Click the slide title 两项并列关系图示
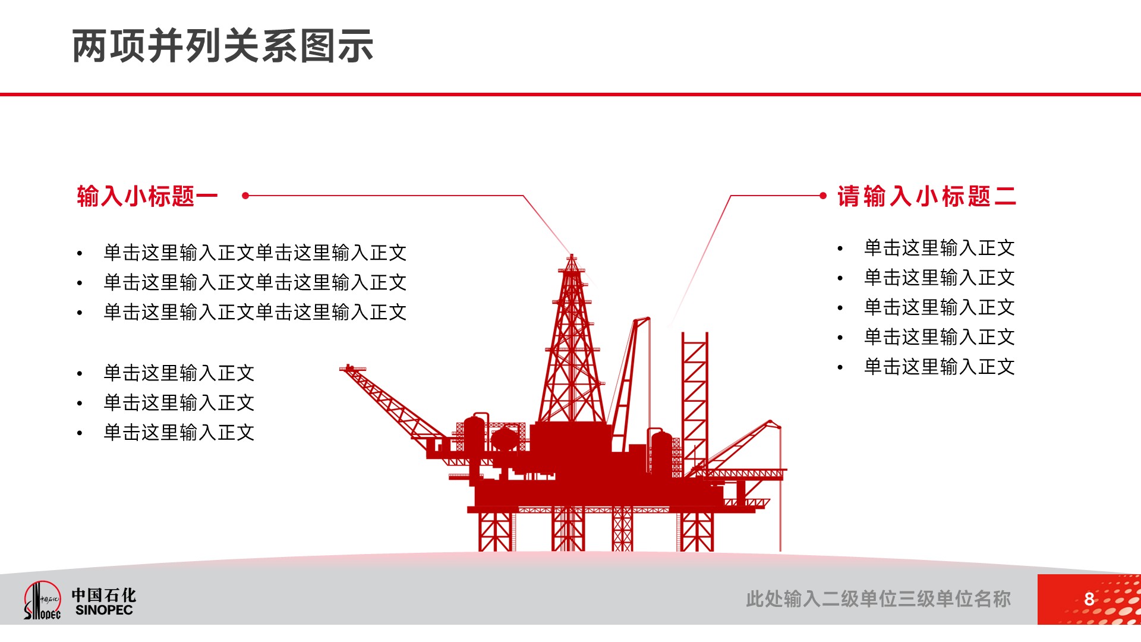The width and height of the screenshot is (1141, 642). pos(223,46)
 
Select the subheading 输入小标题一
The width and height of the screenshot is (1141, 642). pos(147,196)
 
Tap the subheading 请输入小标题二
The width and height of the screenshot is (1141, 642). pos(926,196)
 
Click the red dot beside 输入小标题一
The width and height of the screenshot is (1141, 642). pos(245,195)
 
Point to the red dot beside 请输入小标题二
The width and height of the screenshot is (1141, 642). pos(823,195)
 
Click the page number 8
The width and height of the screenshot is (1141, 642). pos(1089,599)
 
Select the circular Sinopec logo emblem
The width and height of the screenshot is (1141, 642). pos(42,600)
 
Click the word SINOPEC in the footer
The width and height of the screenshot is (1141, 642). pos(104,610)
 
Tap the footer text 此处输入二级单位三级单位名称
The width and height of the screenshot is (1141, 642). pos(878,599)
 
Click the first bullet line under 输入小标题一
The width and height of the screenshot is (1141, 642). pos(255,253)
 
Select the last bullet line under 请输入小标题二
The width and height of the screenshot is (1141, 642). pos(939,367)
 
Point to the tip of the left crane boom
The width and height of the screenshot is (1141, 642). pos(343,369)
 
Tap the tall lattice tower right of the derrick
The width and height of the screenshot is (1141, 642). pos(695,404)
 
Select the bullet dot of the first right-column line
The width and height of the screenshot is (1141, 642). pos(840,248)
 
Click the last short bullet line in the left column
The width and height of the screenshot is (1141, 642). pos(179,432)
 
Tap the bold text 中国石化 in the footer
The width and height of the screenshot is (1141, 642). pos(104,595)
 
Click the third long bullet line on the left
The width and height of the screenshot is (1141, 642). pos(255,312)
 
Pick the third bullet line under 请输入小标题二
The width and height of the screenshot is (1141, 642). pos(939,307)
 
